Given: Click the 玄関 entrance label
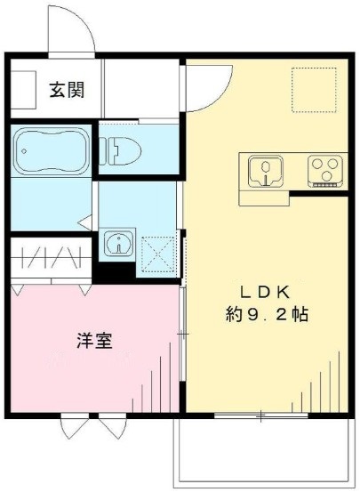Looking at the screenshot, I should click(x=67, y=91).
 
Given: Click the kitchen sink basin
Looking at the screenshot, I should click(x=264, y=169).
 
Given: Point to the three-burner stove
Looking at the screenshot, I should click(x=324, y=169).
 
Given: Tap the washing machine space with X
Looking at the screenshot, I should click(x=157, y=254).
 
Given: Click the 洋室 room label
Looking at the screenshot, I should click(x=92, y=340).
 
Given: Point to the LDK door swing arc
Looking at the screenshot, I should click(x=207, y=89).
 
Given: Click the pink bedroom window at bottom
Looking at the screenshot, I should click(x=93, y=425).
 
